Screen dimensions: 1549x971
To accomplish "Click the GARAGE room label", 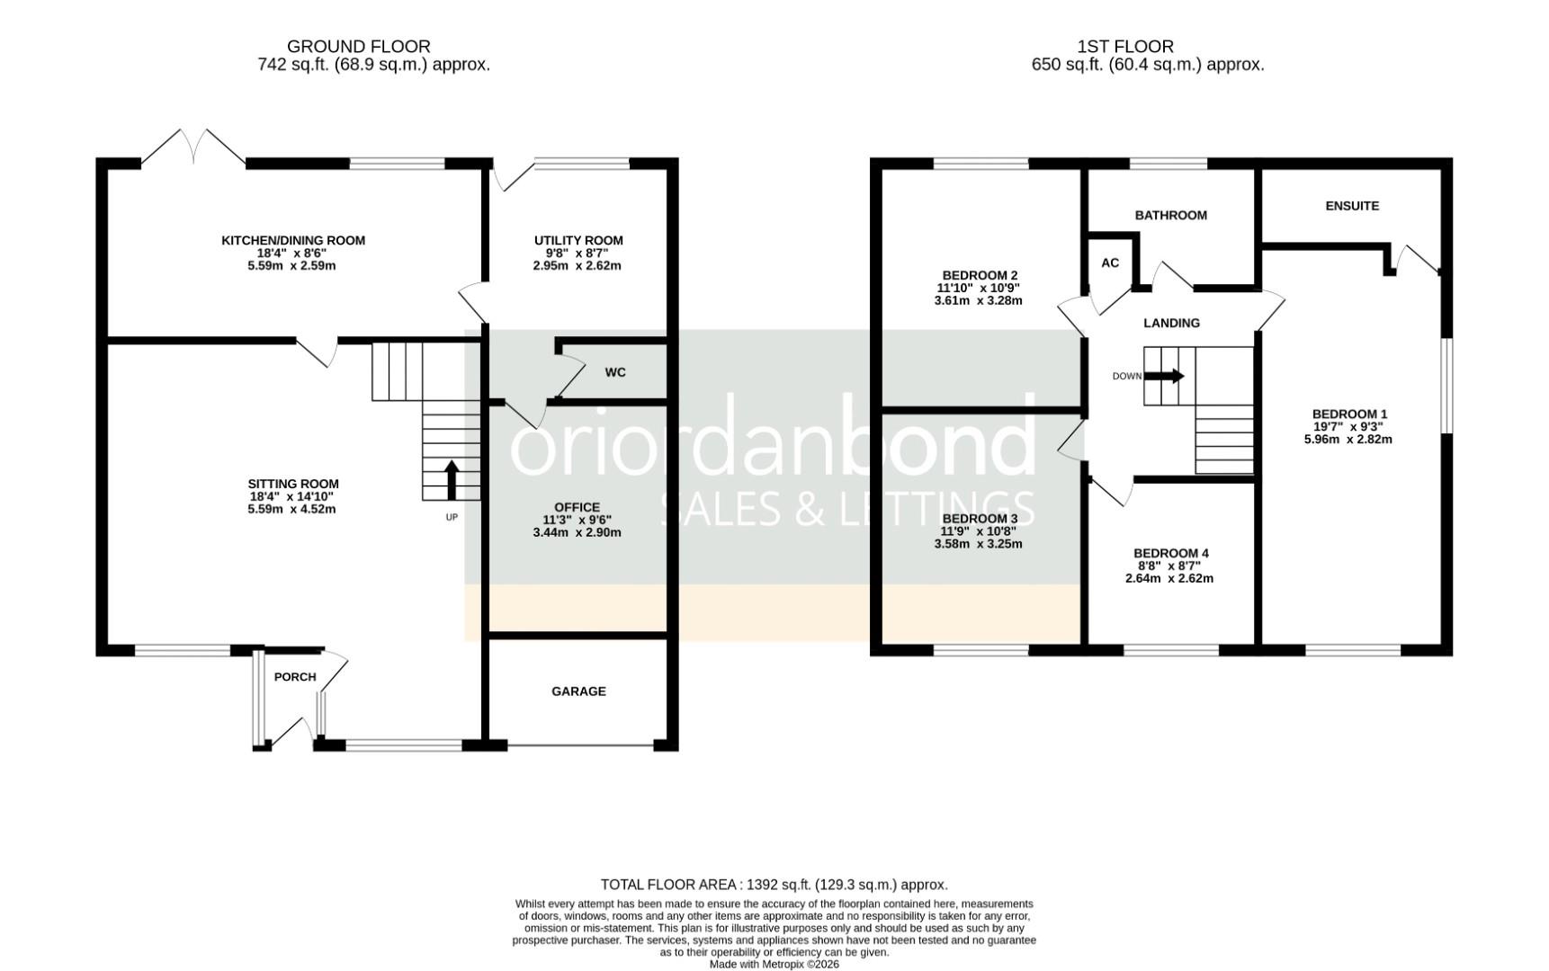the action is [x=578, y=691].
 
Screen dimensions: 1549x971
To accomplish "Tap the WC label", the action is [x=615, y=372].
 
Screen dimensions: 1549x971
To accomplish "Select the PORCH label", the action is [x=295, y=677].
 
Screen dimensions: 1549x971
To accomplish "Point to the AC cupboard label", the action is [x=1110, y=263].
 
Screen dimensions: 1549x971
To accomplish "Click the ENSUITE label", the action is [x=1352, y=206].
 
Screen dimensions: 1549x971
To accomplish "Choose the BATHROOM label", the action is [x=1171, y=216].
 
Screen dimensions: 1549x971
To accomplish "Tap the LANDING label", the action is [x=1171, y=323].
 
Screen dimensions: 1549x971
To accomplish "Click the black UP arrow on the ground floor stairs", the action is [x=452, y=480].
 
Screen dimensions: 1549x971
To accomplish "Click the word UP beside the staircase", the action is [x=452, y=517].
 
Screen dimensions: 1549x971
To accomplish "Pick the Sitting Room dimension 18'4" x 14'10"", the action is [x=293, y=496].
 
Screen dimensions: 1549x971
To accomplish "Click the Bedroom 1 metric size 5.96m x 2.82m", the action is [x=1348, y=440].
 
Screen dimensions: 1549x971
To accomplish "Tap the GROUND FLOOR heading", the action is [x=359, y=46].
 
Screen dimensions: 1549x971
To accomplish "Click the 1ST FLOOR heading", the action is [x=1125, y=46].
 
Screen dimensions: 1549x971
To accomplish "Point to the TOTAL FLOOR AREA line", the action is [x=774, y=885].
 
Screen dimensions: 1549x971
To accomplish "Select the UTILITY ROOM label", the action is [x=578, y=240].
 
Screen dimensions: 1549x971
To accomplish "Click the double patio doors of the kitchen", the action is [x=193, y=147].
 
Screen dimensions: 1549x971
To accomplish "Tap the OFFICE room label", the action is [x=577, y=507].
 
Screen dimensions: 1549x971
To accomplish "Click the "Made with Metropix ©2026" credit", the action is [x=774, y=964].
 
